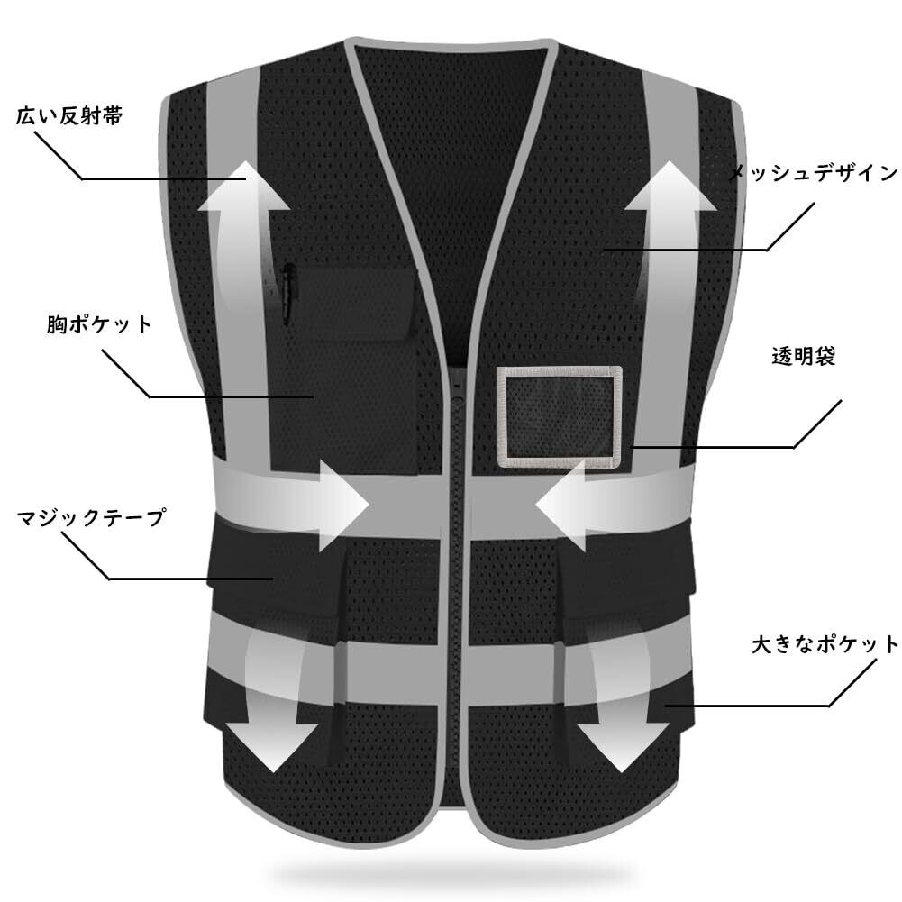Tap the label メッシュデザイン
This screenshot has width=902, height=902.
(x=812, y=173)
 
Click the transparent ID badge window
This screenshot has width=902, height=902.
(x=560, y=417)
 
